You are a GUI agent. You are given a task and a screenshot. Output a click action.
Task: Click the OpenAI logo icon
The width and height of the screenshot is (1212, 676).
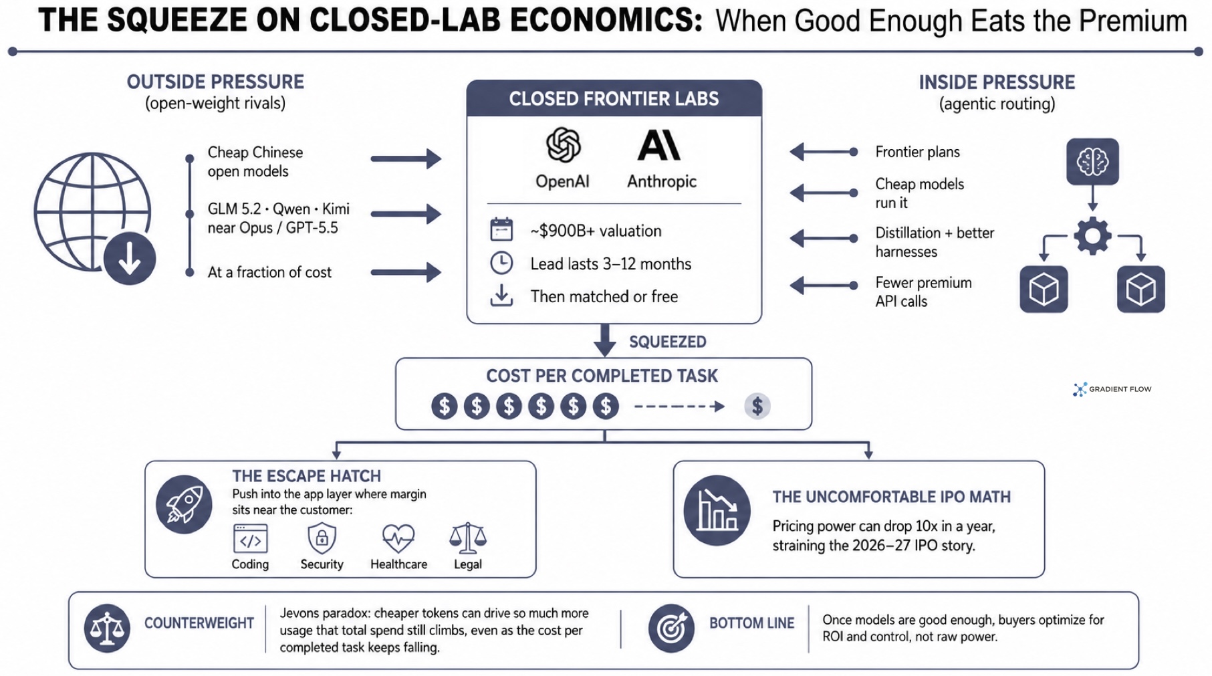click(x=563, y=145)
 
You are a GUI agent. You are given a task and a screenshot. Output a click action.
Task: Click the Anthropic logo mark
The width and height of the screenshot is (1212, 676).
click(x=658, y=145)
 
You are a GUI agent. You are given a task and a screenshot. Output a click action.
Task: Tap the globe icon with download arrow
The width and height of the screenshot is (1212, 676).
click(x=94, y=218)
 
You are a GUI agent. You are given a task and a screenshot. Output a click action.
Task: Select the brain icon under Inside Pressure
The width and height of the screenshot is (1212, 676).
click(x=1092, y=162)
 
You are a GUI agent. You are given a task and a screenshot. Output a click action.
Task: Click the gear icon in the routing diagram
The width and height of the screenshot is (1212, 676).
click(x=1092, y=235)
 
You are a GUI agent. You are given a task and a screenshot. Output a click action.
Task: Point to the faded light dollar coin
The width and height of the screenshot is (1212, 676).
click(x=757, y=406)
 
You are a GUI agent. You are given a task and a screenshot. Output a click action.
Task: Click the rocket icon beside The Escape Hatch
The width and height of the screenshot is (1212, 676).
click(x=184, y=504)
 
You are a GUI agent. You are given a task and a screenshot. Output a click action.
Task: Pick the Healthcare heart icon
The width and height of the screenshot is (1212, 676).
click(x=398, y=538)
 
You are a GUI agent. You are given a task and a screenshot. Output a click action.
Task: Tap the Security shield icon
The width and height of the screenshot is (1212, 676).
click(x=322, y=538)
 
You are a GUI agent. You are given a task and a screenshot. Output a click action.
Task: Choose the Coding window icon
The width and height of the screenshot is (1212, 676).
click(x=250, y=538)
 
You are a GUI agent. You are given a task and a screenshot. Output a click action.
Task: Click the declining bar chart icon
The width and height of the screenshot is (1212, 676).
click(x=717, y=510)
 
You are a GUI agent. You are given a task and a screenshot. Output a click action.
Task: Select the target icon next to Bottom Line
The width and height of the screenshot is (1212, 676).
click(x=671, y=628)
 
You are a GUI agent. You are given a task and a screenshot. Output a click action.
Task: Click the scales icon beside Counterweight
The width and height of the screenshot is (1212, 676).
click(x=107, y=628)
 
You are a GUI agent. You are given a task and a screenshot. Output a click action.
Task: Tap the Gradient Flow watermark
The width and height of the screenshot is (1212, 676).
click(x=1112, y=389)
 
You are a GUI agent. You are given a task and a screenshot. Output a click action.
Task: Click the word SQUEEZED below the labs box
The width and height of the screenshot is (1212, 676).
click(x=667, y=342)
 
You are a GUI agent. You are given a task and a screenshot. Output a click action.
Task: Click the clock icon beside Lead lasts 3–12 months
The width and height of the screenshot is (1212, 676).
click(x=501, y=263)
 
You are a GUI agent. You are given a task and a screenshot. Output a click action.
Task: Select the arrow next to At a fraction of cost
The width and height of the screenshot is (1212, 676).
click(x=406, y=272)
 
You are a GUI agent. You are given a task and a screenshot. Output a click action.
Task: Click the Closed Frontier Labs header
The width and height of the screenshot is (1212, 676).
click(x=614, y=99)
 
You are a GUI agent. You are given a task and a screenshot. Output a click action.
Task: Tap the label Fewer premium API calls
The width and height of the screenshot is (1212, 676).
click(x=923, y=292)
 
